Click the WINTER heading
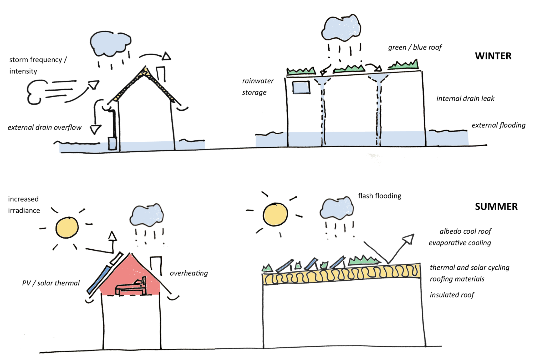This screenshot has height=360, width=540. click(493, 56)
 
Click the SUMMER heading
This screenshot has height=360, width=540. click(496, 207)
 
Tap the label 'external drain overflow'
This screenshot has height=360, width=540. click(44, 127)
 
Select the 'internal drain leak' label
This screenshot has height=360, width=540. click(465, 99)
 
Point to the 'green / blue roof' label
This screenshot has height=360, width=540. click(415, 47)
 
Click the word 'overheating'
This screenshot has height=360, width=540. click(189, 273)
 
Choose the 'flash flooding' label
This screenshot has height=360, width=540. click(379, 196)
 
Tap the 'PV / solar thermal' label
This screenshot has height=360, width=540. click(51, 283)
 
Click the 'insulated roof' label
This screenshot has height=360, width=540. click(452, 295)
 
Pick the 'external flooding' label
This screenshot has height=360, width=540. click(498, 125)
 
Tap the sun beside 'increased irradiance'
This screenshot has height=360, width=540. click(67, 228)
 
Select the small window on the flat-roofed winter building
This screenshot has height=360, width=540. click(301, 88)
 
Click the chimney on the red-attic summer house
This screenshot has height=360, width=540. click(156, 265)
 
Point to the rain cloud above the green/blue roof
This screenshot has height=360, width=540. click(341, 28)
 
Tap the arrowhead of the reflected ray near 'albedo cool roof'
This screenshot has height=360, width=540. click(409, 239)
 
